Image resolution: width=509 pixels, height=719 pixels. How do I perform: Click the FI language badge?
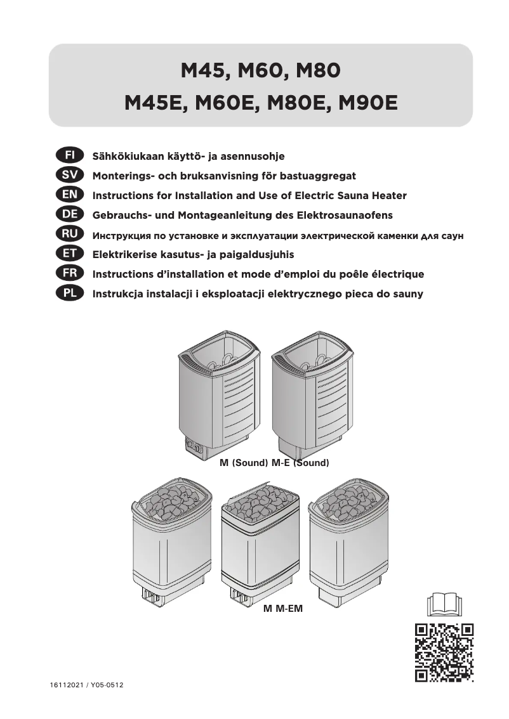[65, 155]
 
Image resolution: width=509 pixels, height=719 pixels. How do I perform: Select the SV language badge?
[65, 175]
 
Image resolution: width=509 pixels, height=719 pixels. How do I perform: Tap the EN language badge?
[65, 195]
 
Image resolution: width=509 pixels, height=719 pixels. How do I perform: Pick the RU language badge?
[65, 235]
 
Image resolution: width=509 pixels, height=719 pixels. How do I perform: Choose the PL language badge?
[65, 294]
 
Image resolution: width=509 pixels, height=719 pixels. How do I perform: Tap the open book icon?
[444, 603]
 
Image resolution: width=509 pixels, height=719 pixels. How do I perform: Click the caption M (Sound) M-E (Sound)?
[274, 463]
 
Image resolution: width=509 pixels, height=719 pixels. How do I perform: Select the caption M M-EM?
[283, 609]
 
